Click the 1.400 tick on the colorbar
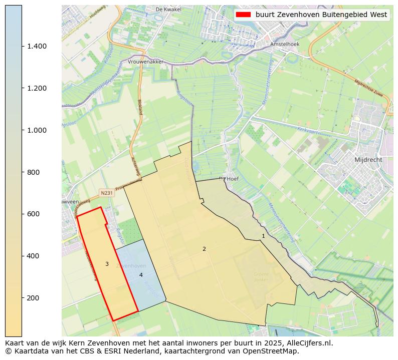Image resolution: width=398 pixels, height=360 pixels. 37,46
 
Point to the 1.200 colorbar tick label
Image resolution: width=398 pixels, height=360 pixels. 37,88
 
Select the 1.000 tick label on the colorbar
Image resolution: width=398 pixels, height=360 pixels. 37,130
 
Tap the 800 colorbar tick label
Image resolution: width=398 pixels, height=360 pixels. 33,172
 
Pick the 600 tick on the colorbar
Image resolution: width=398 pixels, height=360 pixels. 33,214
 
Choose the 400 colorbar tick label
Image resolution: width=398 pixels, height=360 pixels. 33,256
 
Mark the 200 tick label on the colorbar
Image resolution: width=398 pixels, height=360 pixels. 33,298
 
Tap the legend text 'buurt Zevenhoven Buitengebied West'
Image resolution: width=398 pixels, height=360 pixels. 321,15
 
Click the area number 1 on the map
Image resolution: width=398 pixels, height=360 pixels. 263,235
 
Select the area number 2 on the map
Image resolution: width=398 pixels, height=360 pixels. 204,249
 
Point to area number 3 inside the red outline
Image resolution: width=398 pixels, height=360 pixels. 107,264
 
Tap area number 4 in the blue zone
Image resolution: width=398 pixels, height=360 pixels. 141,275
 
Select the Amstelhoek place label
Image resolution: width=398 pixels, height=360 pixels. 284,44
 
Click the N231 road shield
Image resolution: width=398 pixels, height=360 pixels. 106,193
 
